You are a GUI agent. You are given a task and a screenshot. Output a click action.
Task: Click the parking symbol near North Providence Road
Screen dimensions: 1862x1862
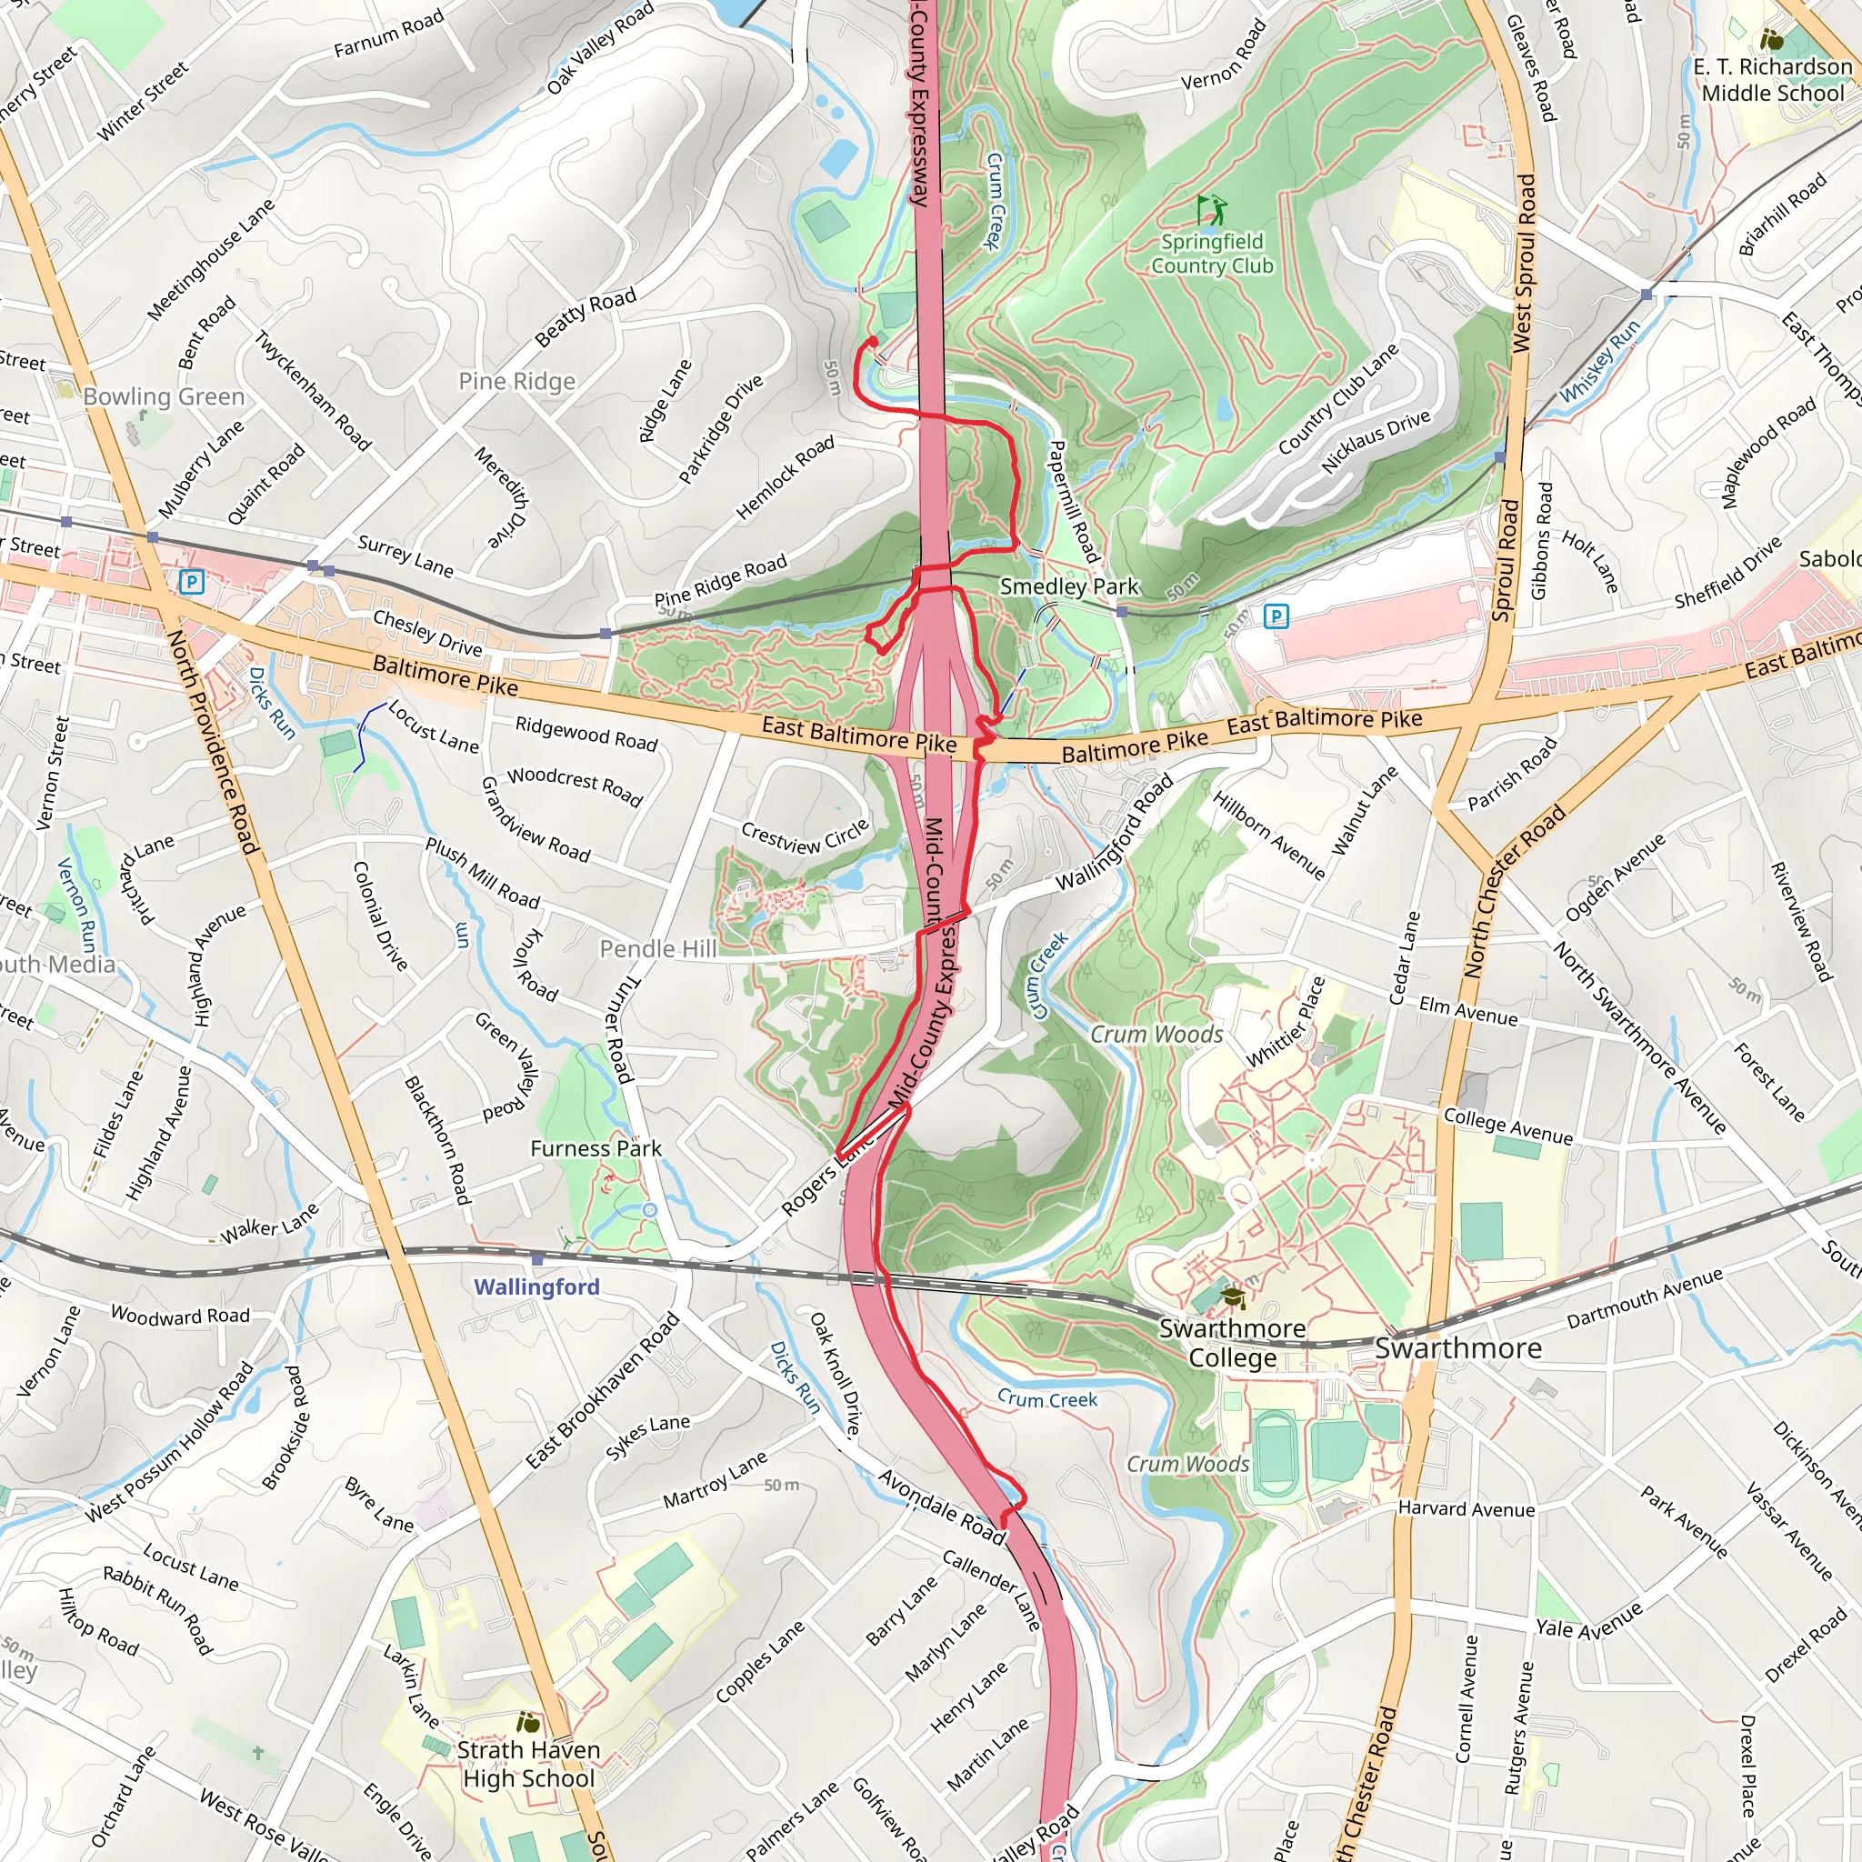[191, 581]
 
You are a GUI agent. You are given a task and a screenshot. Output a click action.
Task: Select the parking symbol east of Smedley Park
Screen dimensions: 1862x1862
[1276, 615]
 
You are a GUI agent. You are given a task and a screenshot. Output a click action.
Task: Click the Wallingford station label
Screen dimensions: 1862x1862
[536, 1286]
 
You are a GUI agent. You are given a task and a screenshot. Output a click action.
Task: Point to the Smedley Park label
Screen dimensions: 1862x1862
[1069, 586]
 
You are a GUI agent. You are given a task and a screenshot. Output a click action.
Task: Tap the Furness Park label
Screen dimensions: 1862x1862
[596, 1148]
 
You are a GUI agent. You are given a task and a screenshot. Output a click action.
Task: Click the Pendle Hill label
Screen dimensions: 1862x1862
[658, 948]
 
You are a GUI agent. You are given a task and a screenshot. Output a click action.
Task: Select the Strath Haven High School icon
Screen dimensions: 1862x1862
[528, 1721]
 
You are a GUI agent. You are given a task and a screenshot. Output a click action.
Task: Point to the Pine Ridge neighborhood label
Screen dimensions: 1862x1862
[516, 381]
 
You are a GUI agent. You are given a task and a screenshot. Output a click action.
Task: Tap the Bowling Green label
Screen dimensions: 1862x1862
[164, 396]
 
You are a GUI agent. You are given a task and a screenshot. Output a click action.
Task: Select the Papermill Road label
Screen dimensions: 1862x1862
[1072, 501]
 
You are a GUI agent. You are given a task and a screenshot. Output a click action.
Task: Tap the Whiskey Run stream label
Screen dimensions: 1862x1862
[1600, 360]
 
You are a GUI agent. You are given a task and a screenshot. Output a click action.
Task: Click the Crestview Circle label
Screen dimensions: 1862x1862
[805, 836]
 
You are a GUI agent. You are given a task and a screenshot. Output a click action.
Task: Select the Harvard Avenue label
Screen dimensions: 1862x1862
[1466, 1508]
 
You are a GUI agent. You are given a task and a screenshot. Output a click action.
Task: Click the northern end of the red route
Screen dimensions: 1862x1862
[872, 340]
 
